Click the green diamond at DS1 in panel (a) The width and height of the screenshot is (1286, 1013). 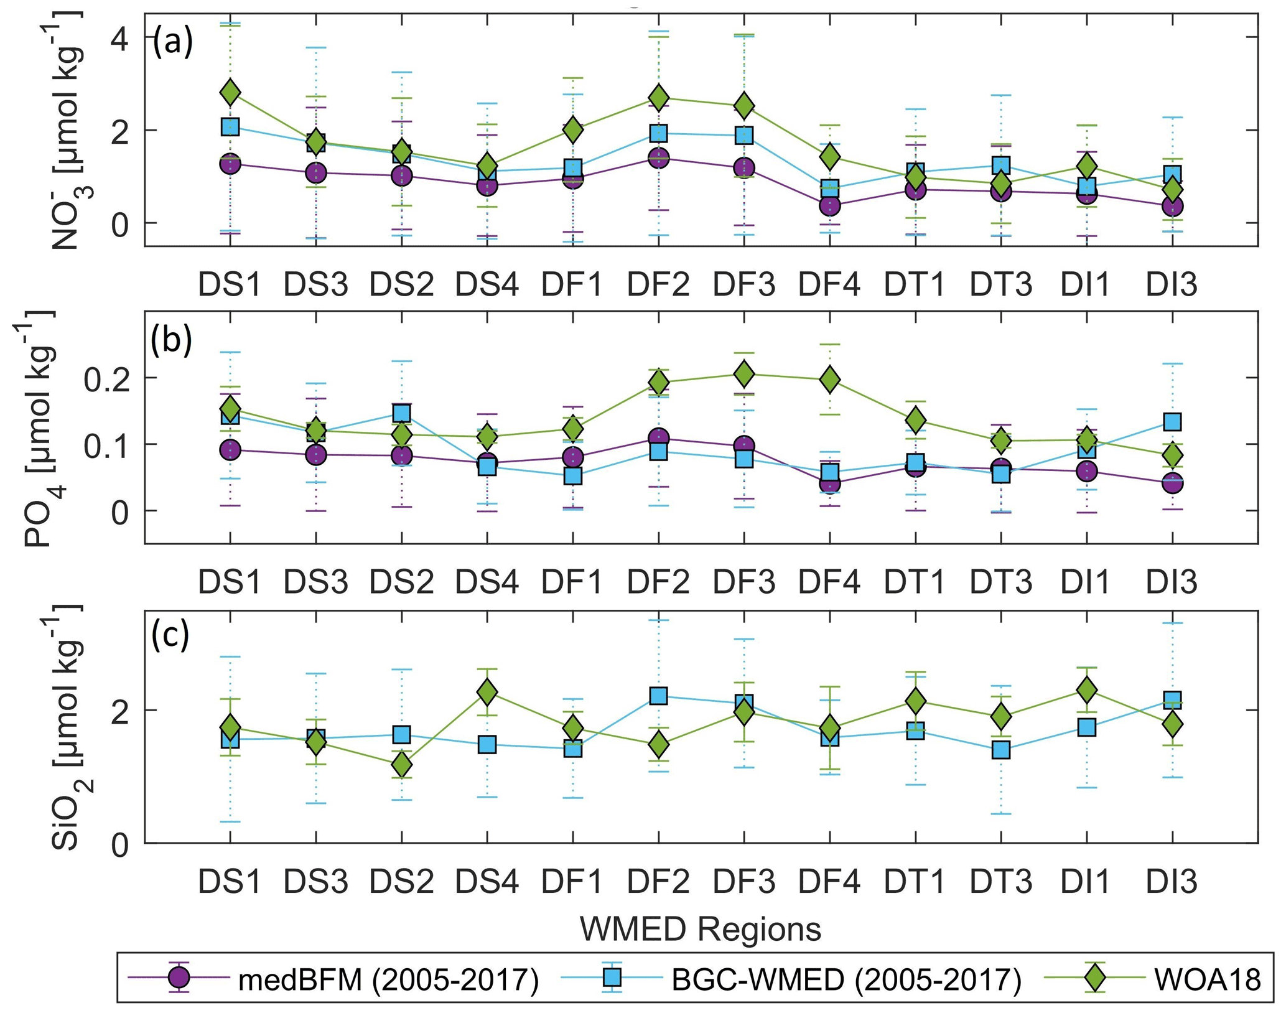pyautogui.click(x=230, y=93)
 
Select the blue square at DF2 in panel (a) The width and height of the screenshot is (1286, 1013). pyautogui.click(x=658, y=133)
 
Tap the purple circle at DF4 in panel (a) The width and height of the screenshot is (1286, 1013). pyautogui.click(x=829, y=205)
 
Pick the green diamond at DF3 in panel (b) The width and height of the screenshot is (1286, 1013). pyautogui.click(x=744, y=374)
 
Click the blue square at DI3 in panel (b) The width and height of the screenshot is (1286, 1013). pyautogui.click(x=1172, y=422)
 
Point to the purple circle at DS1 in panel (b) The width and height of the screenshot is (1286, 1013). pyautogui.click(x=230, y=449)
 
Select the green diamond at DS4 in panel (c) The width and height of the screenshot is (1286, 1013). pyautogui.click(x=487, y=692)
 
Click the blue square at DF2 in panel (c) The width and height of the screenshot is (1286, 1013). pyautogui.click(x=658, y=696)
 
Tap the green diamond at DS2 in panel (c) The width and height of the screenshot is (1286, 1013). pyautogui.click(x=402, y=764)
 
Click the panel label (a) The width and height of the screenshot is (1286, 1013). pyautogui.click(x=172, y=43)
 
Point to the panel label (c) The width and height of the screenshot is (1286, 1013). pyautogui.click(x=170, y=636)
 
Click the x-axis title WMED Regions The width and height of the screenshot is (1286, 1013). pyautogui.click(x=701, y=929)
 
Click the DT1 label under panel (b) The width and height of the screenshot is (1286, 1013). pyautogui.click(x=915, y=581)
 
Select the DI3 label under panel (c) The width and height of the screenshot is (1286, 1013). pyautogui.click(x=1172, y=881)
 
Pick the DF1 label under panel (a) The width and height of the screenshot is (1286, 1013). pyautogui.click(x=572, y=284)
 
